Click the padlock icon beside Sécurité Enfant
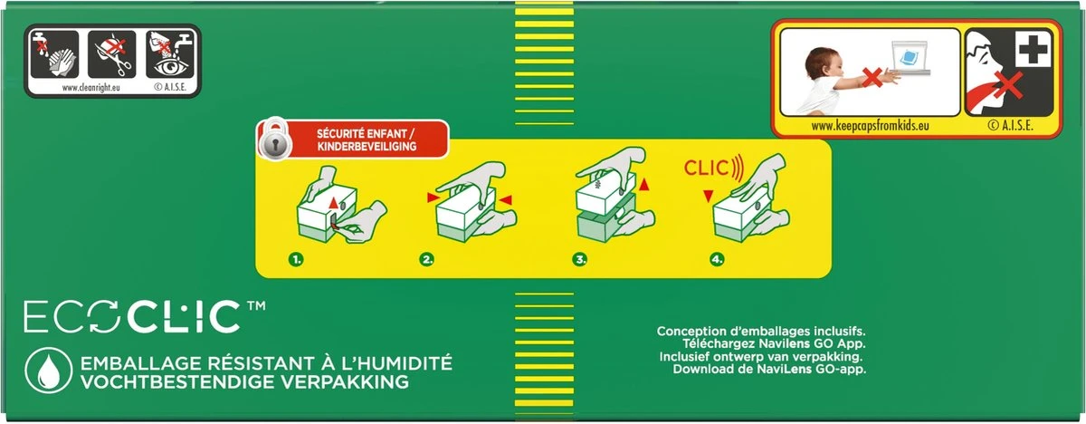[x=274, y=139]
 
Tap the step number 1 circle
[x=296, y=259]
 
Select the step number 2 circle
[x=426, y=259]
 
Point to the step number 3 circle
[x=579, y=259]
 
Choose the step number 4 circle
[x=717, y=259]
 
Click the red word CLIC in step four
[x=706, y=168]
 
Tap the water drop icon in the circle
[x=48, y=371]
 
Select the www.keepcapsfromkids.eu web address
[x=871, y=126]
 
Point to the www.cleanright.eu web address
[x=90, y=88]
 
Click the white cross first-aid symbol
[x=1033, y=49]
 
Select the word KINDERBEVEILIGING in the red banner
[x=367, y=147]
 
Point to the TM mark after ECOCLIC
[x=256, y=305]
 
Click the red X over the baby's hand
[x=872, y=78]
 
